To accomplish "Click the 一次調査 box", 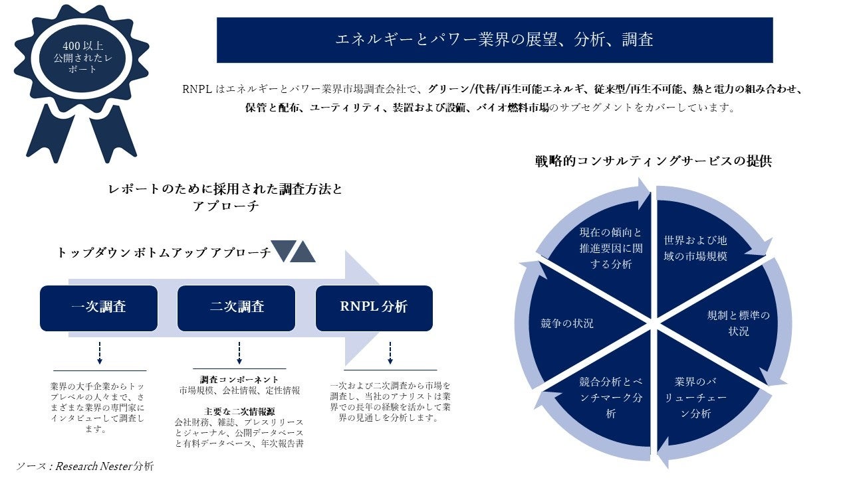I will pyautogui.click(x=98, y=308).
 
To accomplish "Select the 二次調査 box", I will pyautogui.click(x=236, y=308).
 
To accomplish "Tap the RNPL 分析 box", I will pyautogui.click(x=374, y=308).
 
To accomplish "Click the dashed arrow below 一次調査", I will pyautogui.click(x=100, y=353).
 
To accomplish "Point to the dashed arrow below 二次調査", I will pyautogui.click(x=239, y=353).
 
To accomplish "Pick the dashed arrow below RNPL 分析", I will pyautogui.click(x=390, y=353).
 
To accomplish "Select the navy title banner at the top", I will pyautogui.click(x=495, y=40).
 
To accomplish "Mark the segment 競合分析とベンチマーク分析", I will pyautogui.click(x=610, y=397).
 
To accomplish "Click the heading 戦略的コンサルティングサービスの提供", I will pyautogui.click(x=653, y=161).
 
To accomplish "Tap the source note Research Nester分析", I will pyautogui.click(x=85, y=466).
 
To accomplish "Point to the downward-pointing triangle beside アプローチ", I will pyautogui.click(x=282, y=251).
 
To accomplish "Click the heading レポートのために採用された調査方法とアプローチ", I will pyautogui.click(x=225, y=197).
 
